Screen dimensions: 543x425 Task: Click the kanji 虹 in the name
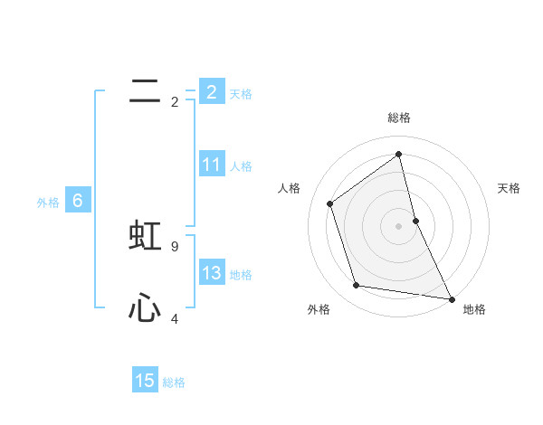(x=145, y=235)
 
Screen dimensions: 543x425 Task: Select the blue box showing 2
(x=211, y=91)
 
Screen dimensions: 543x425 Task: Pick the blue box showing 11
(x=211, y=165)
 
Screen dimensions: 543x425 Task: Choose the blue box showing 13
(x=211, y=273)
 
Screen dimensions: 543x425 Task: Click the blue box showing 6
(x=78, y=201)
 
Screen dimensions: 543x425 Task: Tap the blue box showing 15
(x=145, y=381)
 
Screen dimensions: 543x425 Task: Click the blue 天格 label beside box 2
(x=241, y=94)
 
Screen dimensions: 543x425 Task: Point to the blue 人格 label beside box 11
(x=241, y=166)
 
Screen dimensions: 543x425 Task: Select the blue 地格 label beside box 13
(x=241, y=275)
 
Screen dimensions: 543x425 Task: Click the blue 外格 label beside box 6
(x=48, y=203)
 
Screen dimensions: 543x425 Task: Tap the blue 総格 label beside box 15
(x=174, y=382)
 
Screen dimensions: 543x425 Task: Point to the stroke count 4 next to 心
(x=175, y=318)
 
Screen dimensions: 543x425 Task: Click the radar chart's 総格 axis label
(x=398, y=118)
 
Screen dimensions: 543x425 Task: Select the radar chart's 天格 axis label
(x=510, y=188)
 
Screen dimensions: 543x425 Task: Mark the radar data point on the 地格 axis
(x=451, y=297)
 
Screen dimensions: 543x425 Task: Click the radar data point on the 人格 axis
(x=330, y=203)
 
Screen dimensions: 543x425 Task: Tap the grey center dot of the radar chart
(x=398, y=225)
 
